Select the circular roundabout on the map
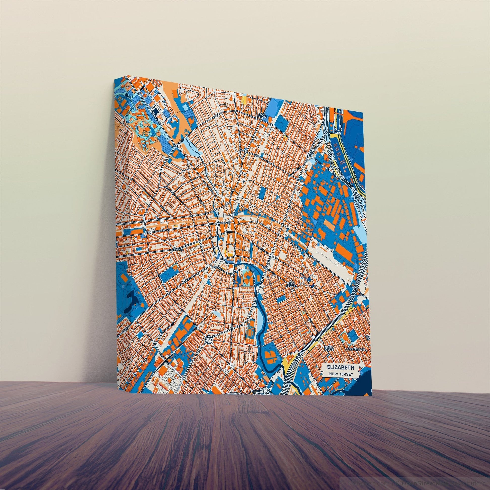point(209,338)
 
